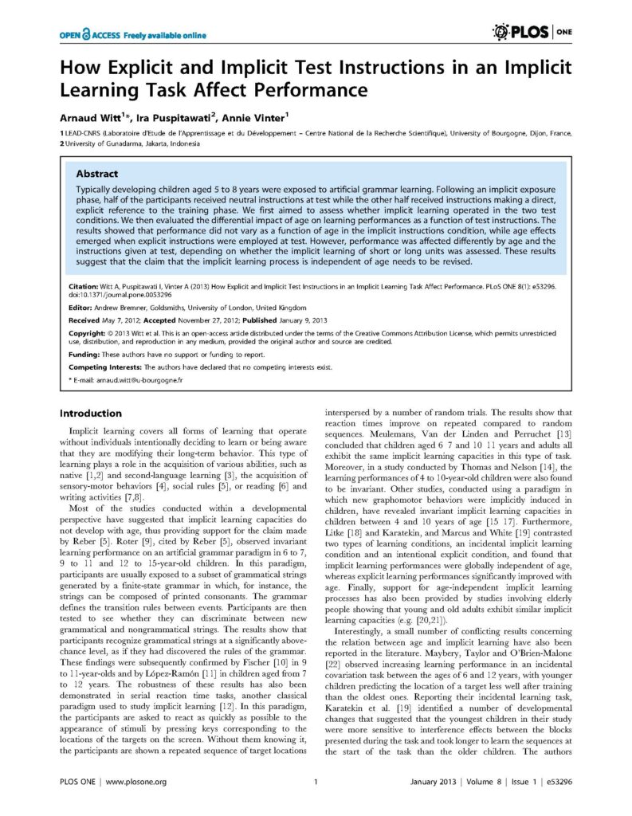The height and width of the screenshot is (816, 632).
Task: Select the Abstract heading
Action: pos(96,173)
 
